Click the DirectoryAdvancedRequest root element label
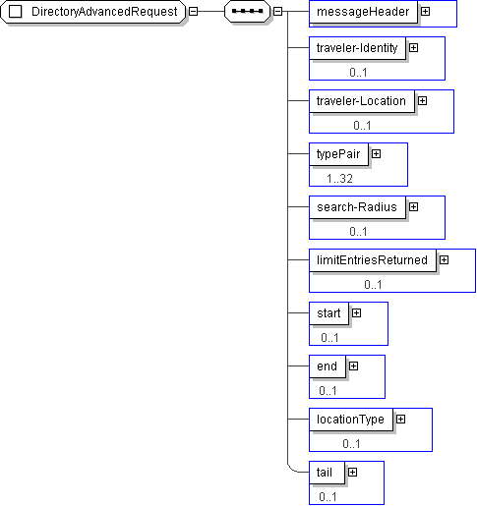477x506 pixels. coord(104,12)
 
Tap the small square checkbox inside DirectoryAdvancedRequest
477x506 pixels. coord(15,12)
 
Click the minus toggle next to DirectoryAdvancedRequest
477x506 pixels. coord(194,12)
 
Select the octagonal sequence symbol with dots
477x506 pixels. coord(247,12)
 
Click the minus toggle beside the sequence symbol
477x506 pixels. coord(277,12)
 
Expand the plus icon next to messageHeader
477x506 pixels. coord(425,12)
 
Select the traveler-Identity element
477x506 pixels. coord(357,48)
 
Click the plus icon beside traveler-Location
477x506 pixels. coord(422,101)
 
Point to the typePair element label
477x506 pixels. coord(338,154)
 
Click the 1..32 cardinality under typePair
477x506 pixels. coord(339,179)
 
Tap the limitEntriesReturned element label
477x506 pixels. coord(372,260)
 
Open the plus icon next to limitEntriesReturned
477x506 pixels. coord(444,260)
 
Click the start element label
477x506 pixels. coord(328,313)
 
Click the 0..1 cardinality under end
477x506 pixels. coord(328,391)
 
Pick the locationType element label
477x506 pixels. coord(350,420)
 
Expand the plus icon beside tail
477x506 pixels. coord(352,473)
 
